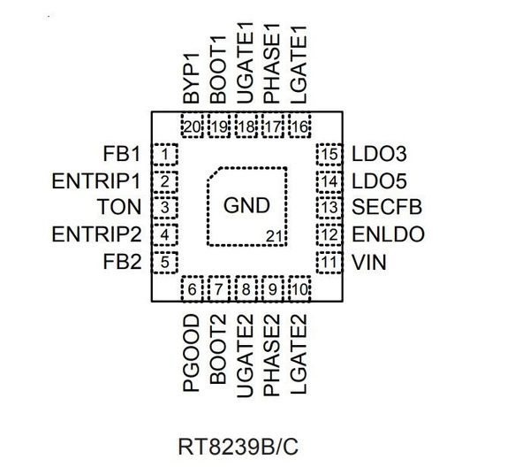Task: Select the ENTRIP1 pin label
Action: [x=97, y=182]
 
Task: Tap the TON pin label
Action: [x=120, y=209]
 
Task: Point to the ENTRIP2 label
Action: [x=97, y=235]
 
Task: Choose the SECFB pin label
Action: [x=386, y=209]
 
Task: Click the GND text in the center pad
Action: [x=246, y=207]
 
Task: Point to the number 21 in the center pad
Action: [x=275, y=235]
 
